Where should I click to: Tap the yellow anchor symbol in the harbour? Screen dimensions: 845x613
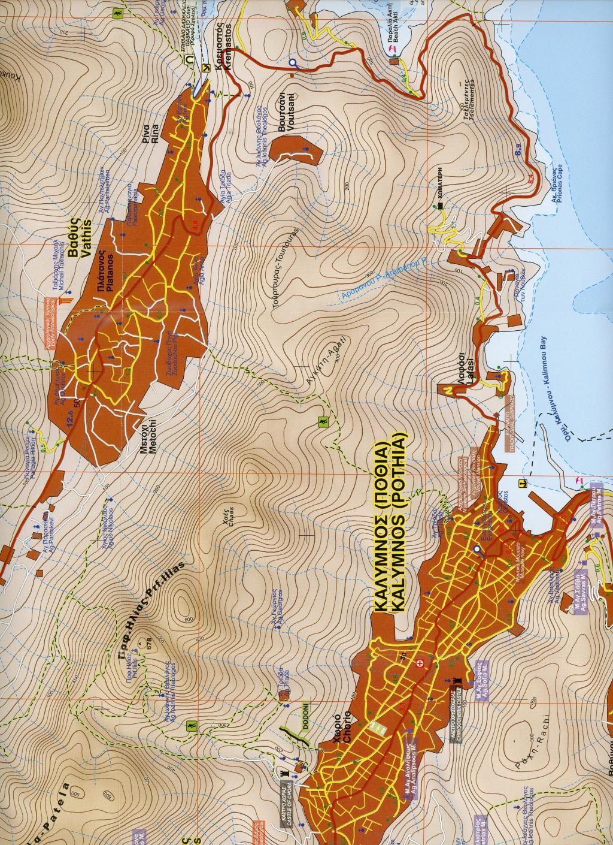tap(521, 482)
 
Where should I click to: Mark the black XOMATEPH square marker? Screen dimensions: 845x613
tap(441, 206)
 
